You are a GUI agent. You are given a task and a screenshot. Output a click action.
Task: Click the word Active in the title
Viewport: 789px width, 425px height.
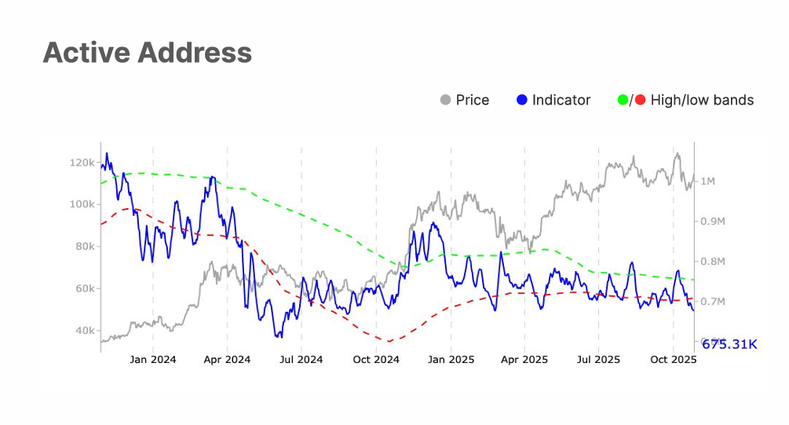86,53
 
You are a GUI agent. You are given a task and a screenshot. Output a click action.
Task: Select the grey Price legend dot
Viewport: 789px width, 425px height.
446,100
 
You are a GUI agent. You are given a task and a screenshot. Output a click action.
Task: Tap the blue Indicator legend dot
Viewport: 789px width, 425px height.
522,100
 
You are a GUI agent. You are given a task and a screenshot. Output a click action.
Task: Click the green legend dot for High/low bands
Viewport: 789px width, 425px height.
623,100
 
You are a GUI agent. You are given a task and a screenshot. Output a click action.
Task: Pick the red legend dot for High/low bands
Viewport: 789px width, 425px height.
639,100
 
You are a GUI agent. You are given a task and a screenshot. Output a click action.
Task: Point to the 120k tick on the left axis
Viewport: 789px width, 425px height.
82,163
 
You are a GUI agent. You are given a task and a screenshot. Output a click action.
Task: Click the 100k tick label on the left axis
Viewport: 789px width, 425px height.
82,204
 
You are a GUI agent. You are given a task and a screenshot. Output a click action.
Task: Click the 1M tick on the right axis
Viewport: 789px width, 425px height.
707,181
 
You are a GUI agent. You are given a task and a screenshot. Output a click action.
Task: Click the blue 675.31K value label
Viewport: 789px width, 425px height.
729,344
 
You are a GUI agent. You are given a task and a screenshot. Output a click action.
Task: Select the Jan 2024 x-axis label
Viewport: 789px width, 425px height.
153,360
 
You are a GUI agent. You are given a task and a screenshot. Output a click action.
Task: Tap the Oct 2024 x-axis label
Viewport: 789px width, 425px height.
376,360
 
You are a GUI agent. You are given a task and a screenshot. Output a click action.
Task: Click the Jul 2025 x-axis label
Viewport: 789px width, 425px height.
598,360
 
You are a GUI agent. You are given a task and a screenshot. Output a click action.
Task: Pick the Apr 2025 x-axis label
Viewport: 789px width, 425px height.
524,360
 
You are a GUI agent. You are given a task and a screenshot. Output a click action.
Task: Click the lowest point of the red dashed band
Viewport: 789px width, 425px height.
389,342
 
